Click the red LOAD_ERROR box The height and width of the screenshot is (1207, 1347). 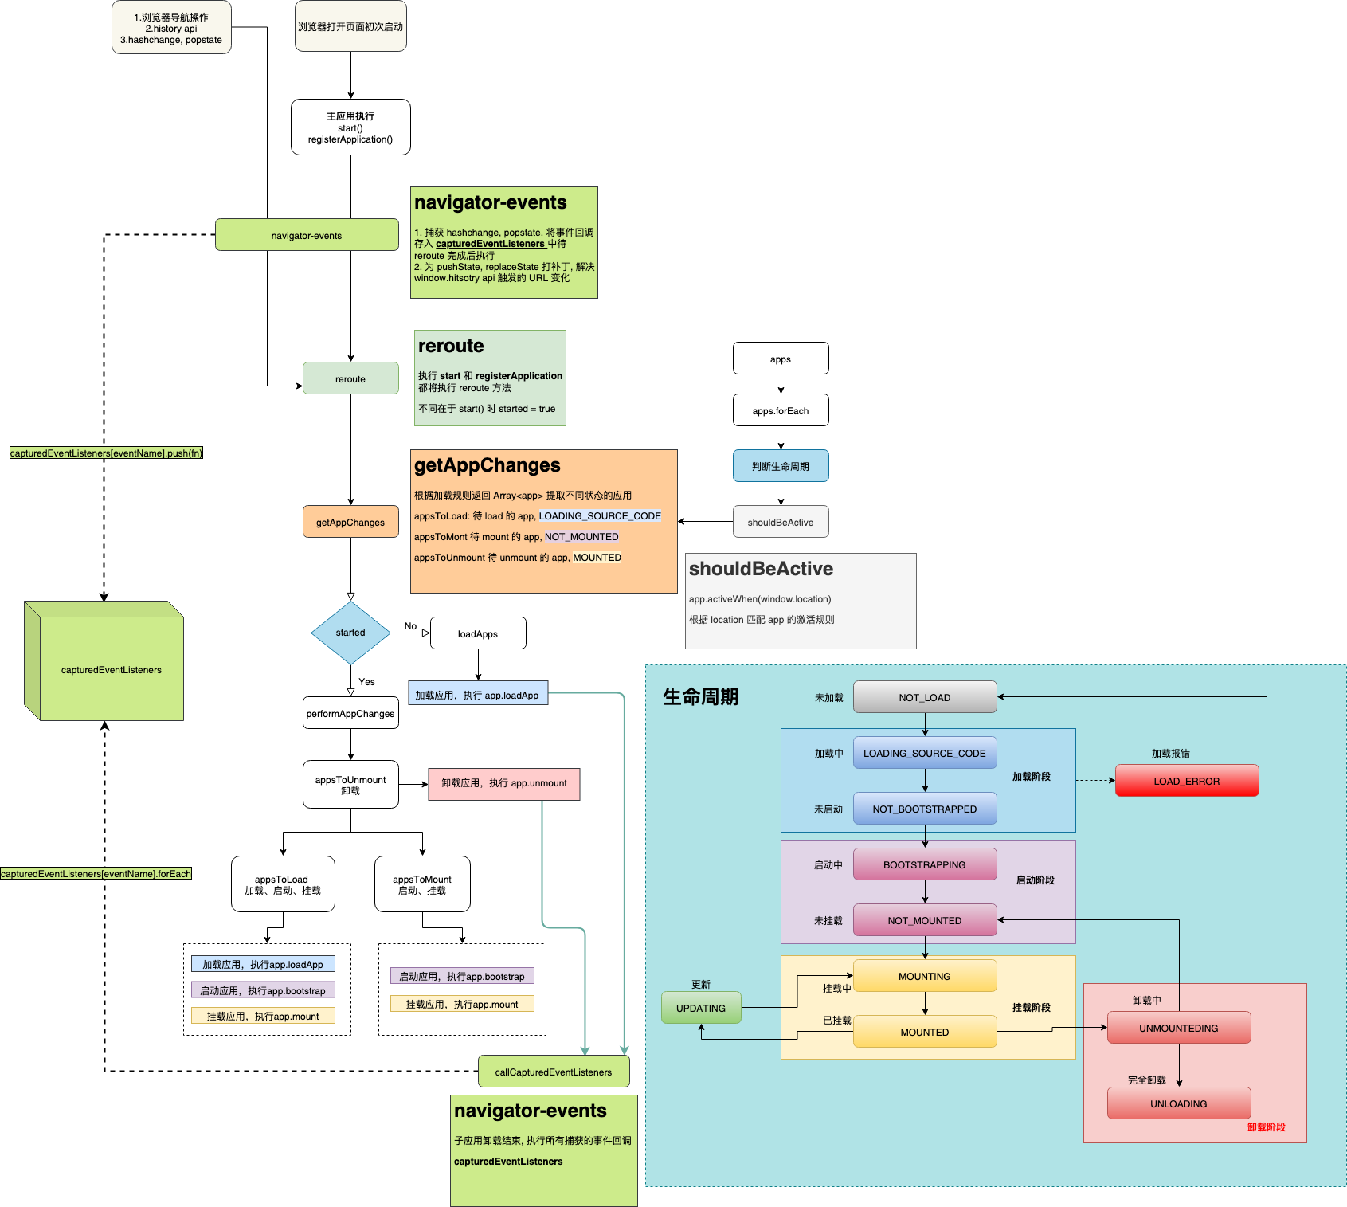coord(1186,781)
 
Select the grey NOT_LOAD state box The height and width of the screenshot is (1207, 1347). coord(924,697)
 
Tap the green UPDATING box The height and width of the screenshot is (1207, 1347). coord(701,1008)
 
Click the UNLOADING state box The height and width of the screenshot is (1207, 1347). coord(1178,1103)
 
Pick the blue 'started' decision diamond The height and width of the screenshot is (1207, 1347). coord(350,633)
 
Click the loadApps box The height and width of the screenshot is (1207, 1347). coord(477,633)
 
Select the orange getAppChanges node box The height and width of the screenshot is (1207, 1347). coord(350,522)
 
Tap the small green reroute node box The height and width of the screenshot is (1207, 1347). coord(350,378)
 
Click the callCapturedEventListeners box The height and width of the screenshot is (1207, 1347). coord(553,1072)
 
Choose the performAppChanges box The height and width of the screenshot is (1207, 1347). coord(350,713)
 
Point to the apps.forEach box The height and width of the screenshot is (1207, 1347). coord(780,410)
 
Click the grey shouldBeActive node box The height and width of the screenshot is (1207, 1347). coord(780,522)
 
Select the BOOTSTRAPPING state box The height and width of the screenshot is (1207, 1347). coord(924,864)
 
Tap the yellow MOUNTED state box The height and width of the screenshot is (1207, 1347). coord(924,1032)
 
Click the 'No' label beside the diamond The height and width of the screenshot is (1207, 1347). coord(410,626)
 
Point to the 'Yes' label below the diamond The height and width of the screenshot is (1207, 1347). coord(366,682)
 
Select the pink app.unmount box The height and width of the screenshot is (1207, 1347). coord(503,784)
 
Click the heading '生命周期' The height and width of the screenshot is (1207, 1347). coord(700,697)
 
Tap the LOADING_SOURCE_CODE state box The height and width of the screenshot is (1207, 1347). coord(924,753)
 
